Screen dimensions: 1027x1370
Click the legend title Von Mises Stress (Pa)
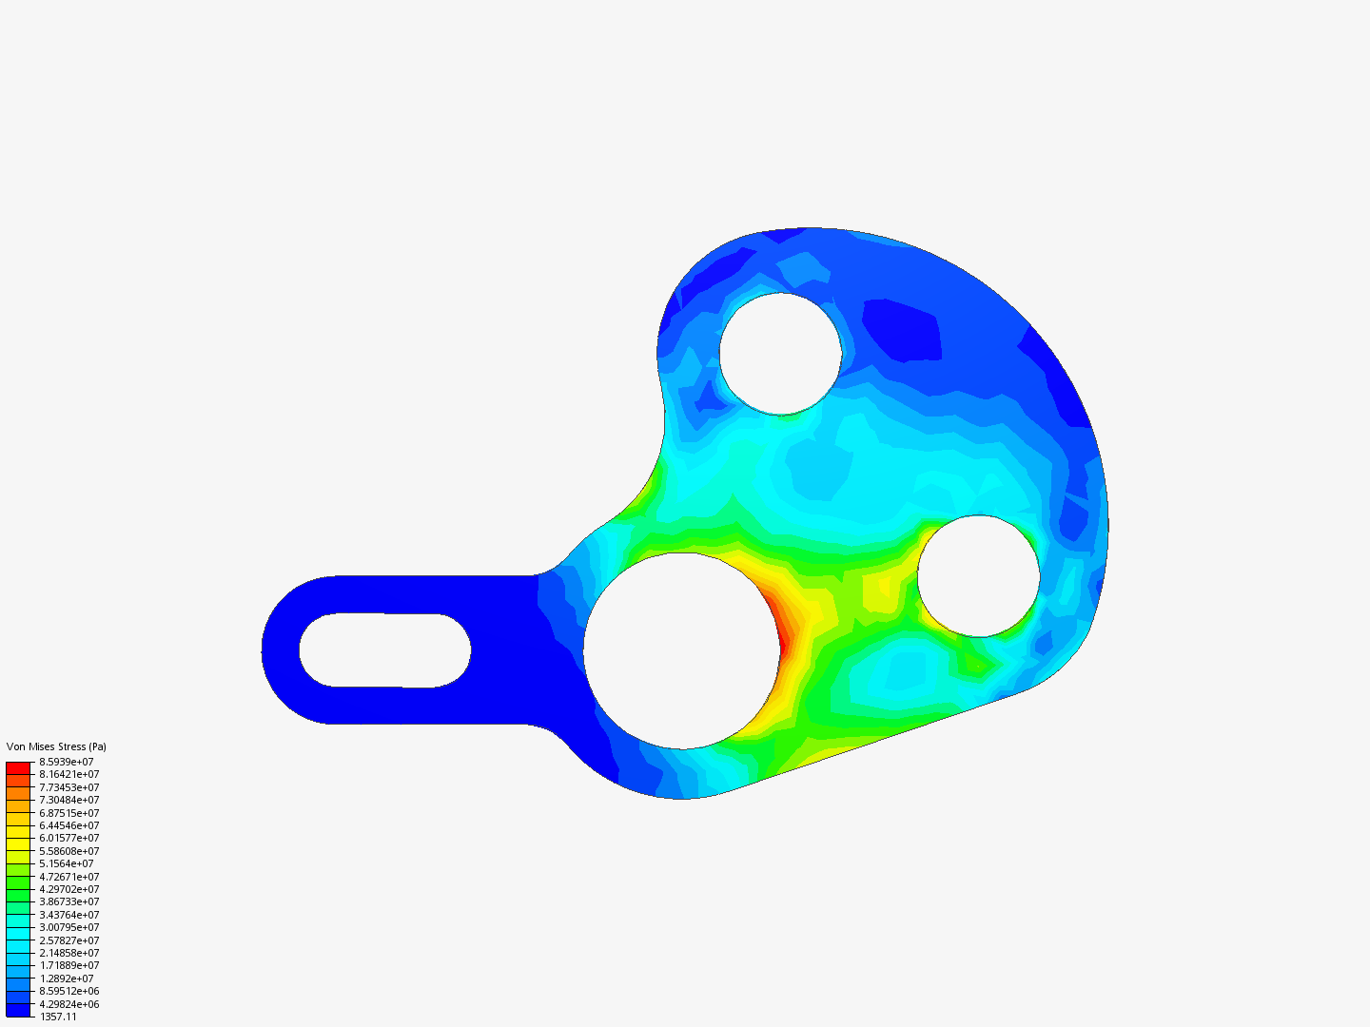click(x=56, y=746)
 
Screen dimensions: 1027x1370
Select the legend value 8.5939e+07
click(x=67, y=762)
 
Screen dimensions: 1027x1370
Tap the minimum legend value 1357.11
click(x=58, y=1017)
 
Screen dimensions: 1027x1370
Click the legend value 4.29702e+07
click(x=68, y=889)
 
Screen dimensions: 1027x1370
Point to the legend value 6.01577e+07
click(x=68, y=838)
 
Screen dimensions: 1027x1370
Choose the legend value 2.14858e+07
click(x=68, y=953)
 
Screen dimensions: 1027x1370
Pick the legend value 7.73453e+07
click(x=68, y=787)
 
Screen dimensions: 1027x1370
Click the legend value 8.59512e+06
click(x=68, y=991)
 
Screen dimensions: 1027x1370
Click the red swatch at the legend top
click(x=18, y=766)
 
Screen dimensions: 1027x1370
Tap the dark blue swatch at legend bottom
click(x=18, y=1010)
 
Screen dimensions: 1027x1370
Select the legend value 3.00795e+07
click(x=68, y=927)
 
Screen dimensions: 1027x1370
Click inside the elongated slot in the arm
click(x=384, y=650)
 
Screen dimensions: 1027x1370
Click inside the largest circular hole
click(x=681, y=650)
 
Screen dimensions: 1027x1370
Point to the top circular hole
click(x=780, y=354)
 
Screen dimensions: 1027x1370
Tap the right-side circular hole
click(x=978, y=576)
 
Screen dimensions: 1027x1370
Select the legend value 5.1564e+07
click(x=67, y=863)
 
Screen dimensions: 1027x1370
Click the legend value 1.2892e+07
click(x=67, y=979)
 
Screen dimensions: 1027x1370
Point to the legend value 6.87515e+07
click(x=68, y=813)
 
